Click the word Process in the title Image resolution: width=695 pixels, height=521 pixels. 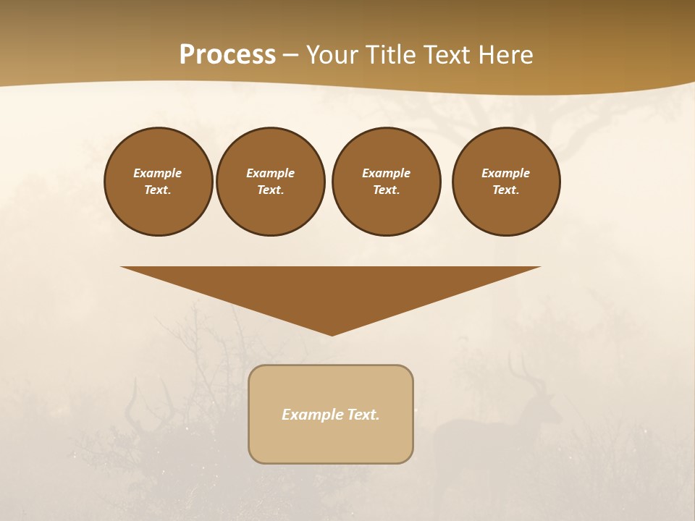click(x=227, y=55)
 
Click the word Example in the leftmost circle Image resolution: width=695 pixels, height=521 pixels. click(x=158, y=173)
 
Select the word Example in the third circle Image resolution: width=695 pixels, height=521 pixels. click(x=386, y=173)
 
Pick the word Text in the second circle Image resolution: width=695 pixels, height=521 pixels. click(x=269, y=190)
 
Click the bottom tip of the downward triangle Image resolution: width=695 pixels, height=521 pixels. click(x=332, y=334)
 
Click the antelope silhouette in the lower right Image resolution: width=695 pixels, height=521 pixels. click(x=478, y=434)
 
